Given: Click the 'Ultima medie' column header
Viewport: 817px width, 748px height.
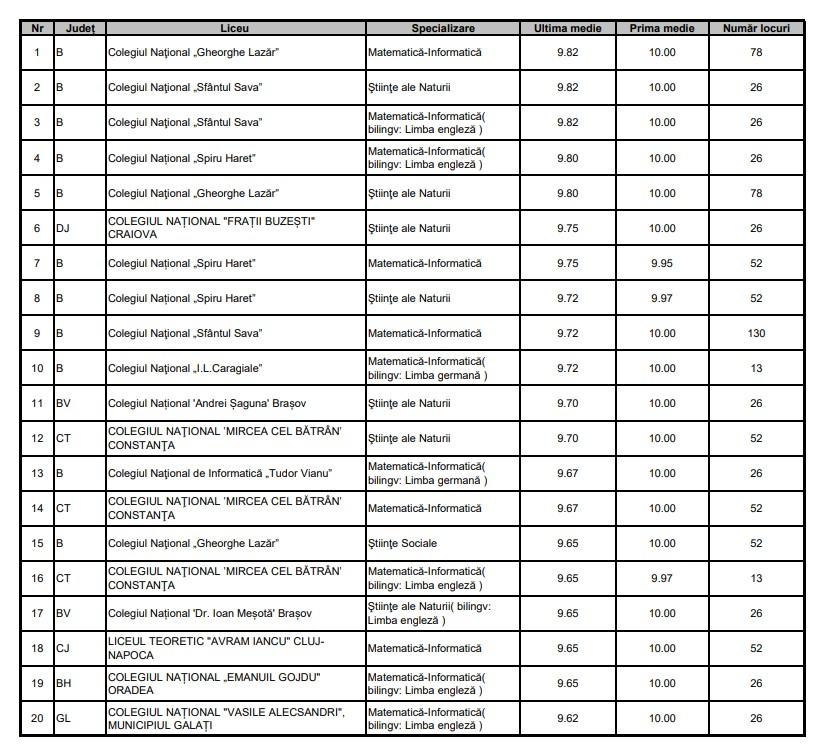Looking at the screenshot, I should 567,28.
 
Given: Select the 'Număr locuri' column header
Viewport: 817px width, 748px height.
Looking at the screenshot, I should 755,28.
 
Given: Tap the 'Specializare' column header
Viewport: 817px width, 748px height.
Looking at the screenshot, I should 443,28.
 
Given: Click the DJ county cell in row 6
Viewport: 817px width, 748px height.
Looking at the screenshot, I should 63,228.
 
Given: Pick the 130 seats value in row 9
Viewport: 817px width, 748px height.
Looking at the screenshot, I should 755,333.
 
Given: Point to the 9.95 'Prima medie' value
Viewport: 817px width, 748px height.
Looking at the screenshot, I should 661,263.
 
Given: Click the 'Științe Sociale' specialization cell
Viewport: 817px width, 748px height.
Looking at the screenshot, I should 402,543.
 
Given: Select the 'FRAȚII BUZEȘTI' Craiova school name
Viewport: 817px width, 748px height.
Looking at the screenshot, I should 212,228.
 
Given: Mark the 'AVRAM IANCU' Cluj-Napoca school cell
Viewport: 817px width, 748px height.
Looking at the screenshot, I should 216,648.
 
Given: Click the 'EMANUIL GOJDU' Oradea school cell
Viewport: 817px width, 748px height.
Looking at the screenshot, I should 214,683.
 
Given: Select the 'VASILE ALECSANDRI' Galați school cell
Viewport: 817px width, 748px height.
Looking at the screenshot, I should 226,718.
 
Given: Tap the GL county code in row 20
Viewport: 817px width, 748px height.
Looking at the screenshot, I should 63,718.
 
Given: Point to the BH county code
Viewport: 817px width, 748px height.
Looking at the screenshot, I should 63,683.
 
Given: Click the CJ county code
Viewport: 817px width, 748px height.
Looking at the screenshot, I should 63,648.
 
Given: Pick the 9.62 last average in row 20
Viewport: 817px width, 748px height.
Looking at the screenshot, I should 567,718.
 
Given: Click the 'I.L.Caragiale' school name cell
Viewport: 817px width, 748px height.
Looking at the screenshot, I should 185,368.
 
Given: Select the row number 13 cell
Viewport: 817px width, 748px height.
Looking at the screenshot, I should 38,473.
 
